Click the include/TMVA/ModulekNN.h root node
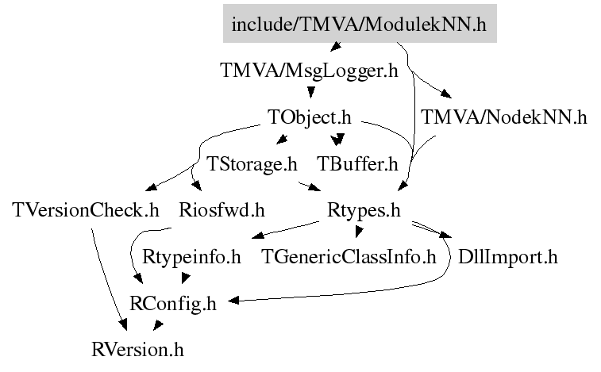tap(359, 25)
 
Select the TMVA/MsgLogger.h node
tap(309, 71)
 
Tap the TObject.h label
tap(310, 118)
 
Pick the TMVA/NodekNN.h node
tap(504, 118)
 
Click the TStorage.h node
tap(252, 164)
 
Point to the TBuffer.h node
tap(357, 164)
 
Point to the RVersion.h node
tap(139, 348)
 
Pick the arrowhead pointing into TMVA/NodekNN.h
tap(449, 97)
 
